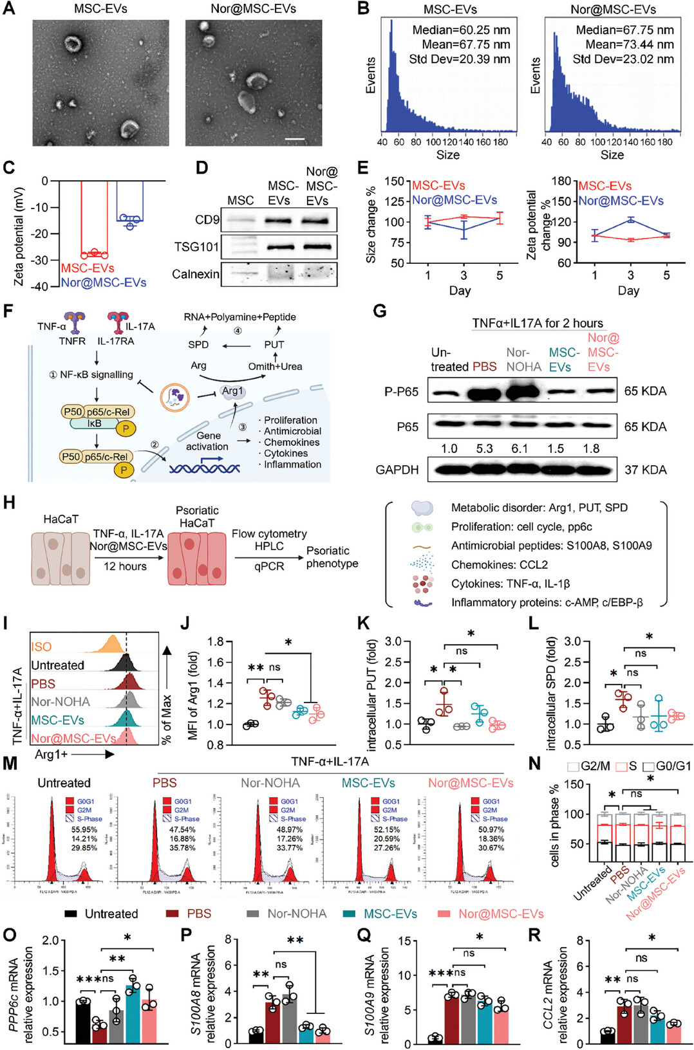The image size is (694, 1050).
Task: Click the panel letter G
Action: coord(380,311)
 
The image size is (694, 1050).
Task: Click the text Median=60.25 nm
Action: coord(461,30)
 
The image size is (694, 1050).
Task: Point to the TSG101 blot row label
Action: coord(196,246)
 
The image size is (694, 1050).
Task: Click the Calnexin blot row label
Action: coord(195,274)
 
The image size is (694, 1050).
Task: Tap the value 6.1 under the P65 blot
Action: coord(519,448)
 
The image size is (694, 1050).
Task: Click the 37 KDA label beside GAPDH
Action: coord(645,470)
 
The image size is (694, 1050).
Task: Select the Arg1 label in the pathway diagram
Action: coord(232,391)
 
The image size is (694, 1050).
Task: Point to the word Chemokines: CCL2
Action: coord(499,564)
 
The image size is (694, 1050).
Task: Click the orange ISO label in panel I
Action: coord(41,647)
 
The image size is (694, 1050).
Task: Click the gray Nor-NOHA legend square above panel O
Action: coord(253,914)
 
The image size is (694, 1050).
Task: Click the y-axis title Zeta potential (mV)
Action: coord(19,237)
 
